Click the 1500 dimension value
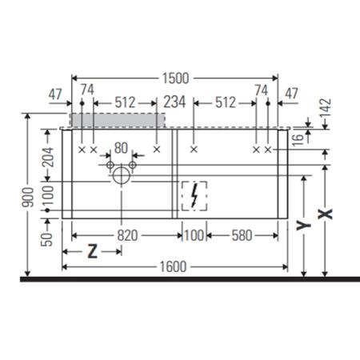[175, 78]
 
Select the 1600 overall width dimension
[173, 266]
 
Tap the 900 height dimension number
[28, 197]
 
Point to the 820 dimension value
[128, 235]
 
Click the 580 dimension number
[242, 235]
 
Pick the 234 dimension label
[174, 102]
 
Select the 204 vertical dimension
[48, 157]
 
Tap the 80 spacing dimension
[121, 148]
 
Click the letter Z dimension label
[92, 251]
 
